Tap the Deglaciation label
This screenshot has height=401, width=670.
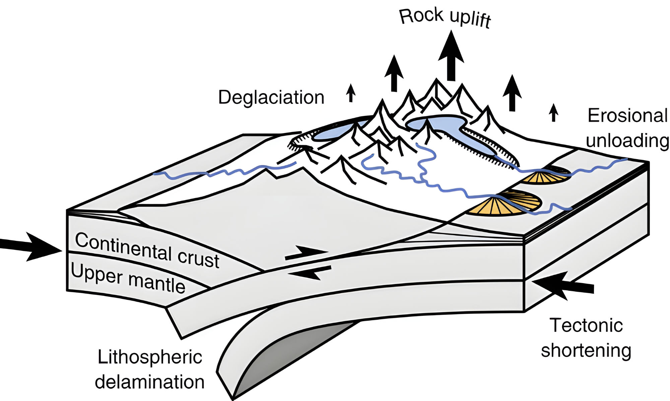(x=271, y=97)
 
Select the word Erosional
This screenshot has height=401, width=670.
(x=627, y=116)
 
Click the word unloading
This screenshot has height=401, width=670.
(x=627, y=140)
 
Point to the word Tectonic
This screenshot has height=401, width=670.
(x=586, y=325)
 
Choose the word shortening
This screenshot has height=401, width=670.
(x=586, y=350)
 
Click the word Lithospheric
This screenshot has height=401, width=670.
(x=150, y=357)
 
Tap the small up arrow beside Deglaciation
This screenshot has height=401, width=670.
(x=351, y=93)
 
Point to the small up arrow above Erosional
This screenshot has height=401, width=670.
(x=553, y=113)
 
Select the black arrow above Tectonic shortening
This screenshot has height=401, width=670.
(x=563, y=286)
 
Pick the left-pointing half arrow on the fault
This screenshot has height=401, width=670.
(x=310, y=272)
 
